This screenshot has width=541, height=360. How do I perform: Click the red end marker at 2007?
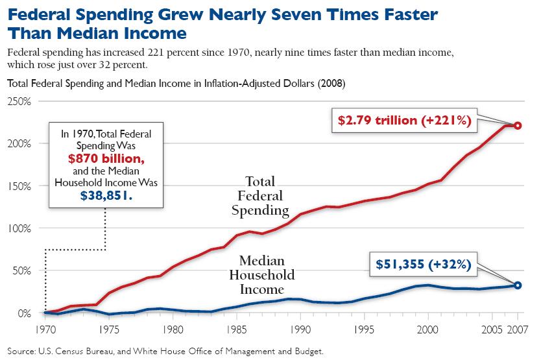(x=518, y=125)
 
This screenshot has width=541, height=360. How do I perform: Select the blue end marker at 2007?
(x=518, y=285)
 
